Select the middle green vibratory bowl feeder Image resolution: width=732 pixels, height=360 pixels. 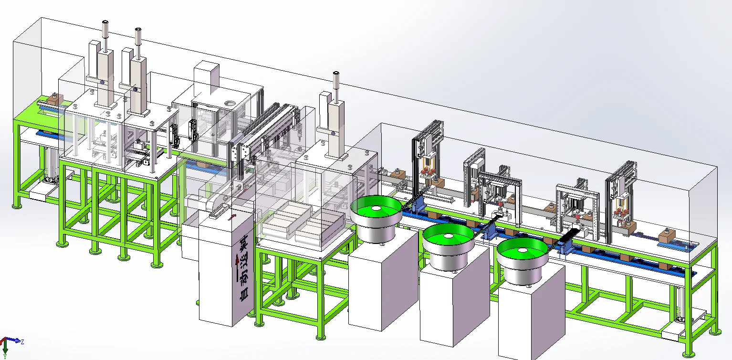(x=449, y=247)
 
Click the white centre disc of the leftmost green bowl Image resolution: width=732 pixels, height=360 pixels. (x=376, y=208)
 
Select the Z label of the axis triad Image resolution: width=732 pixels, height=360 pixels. (x=22, y=342)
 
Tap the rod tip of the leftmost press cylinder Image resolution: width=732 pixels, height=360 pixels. (x=105, y=22)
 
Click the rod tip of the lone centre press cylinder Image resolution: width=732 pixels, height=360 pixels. (x=336, y=74)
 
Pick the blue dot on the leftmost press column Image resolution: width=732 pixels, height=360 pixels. (x=103, y=83)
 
